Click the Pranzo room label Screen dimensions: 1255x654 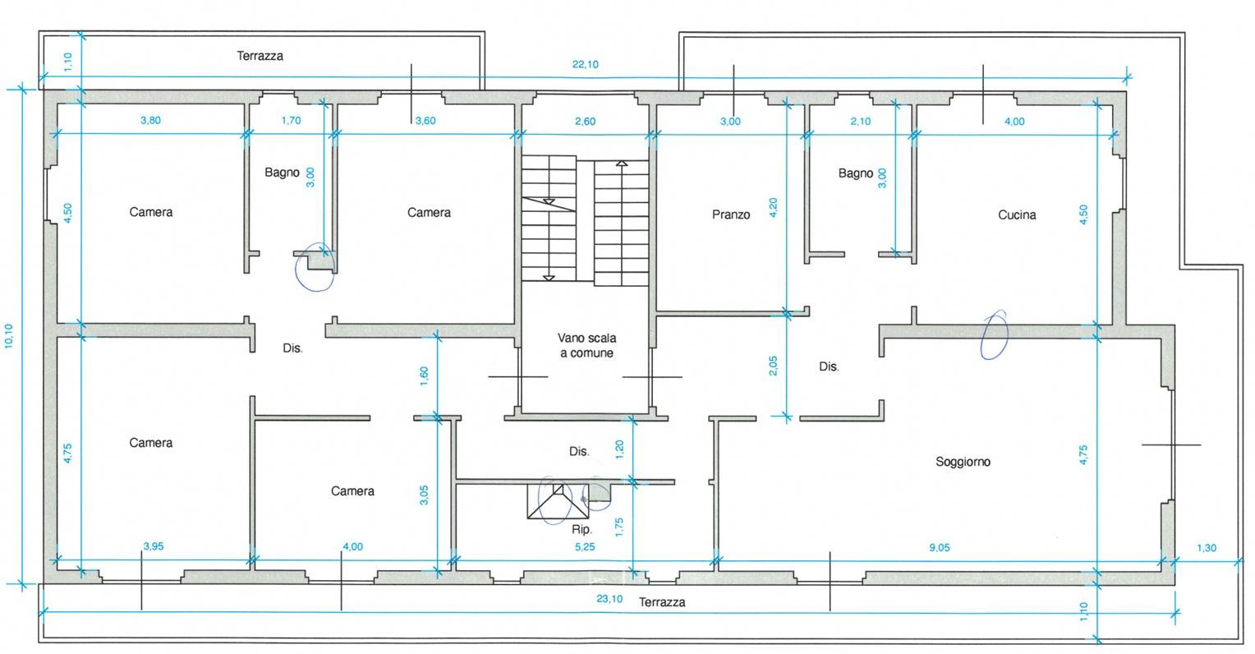tap(731, 214)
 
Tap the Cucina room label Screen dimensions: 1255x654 tap(1017, 215)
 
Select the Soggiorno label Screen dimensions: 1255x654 tap(963, 462)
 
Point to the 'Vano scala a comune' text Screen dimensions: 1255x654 tap(586, 345)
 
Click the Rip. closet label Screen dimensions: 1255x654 tap(582, 530)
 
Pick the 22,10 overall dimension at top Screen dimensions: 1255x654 tap(586, 64)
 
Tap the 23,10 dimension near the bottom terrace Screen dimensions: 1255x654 tap(609, 598)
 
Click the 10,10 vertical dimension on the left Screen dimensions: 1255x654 tap(9, 336)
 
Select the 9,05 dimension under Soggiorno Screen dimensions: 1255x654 tap(940, 547)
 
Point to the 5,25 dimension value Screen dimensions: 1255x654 tap(585, 547)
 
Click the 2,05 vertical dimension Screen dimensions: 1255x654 tap(773, 366)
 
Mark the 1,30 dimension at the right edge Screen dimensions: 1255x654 tap(1207, 548)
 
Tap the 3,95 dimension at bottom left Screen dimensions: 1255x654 tap(154, 546)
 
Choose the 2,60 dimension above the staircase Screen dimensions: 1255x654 tap(586, 121)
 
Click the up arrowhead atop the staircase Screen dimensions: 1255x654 tap(622, 163)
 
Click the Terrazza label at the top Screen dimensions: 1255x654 tap(260, 56)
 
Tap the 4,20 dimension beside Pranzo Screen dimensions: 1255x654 tap(773, 207)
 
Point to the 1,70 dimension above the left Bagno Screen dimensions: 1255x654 tap(292, 121)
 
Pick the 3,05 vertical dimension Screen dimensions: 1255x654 tap(424, 495)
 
